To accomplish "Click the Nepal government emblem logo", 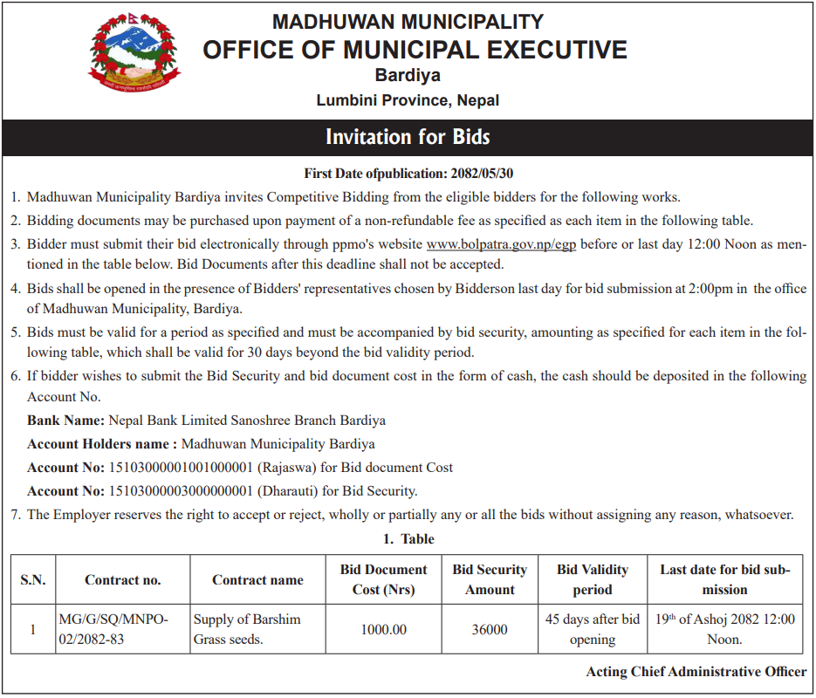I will tap(135, 55).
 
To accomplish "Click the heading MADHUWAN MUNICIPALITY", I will tap(408, 22).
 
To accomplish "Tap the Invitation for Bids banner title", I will tap(408, 137).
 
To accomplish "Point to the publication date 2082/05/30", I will tap(487, 173).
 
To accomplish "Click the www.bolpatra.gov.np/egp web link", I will tap(501, 243).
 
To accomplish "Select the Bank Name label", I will tap(65, 421).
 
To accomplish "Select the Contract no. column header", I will tap(123, 580).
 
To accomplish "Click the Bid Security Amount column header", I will tap(490, 579).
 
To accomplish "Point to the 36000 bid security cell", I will tap(490, 629).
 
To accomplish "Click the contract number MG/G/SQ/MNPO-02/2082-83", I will tap(113, 629).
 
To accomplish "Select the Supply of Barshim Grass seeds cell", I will tap(247, 629).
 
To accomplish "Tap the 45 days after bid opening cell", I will tap(593, 629).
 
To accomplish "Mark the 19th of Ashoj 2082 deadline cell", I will tap(725, 629).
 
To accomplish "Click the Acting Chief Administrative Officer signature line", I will tap(696, 672).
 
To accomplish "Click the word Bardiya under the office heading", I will tap(408, 76).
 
